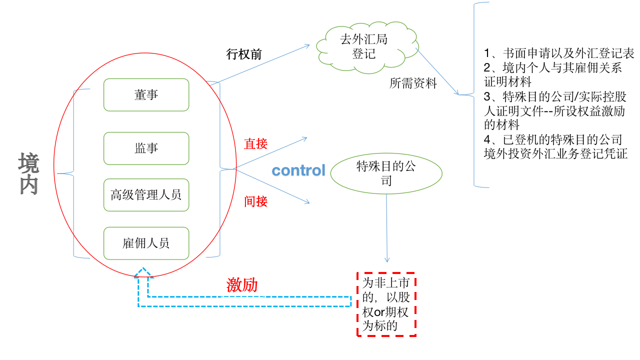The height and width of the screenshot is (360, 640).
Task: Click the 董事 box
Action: (x=146, y=94)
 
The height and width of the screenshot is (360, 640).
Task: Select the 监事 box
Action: (x=146, y=148)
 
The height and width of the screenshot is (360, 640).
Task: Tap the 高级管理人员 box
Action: (x=146, y=194)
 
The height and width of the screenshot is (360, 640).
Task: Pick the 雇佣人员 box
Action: (x=146, y=243)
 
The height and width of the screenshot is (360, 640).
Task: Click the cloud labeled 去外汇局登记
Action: (x=363, y=46)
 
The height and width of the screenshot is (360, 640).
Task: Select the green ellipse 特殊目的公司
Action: (x=386, y=173)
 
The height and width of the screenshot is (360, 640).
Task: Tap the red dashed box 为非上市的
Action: (x=386, y=304)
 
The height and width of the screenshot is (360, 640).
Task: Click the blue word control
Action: (x=298, y=170)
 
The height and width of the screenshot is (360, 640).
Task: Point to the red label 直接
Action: (x=255, y=144)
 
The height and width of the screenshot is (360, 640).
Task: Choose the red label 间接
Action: (x=255, y=201)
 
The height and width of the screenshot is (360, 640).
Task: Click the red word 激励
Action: (x=242, y=285)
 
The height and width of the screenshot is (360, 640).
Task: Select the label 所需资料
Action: (x=413, y=83)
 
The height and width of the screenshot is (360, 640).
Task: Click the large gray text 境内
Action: (x=28, y=174)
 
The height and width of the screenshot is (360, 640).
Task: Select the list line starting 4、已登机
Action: (x=553, y=139)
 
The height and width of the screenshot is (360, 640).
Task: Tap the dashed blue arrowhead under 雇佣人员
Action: (x=143, y=273)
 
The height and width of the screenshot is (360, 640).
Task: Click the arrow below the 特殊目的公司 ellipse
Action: (x=386, y=227)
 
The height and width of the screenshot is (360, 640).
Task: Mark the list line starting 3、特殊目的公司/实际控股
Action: (x=554, y=96)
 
